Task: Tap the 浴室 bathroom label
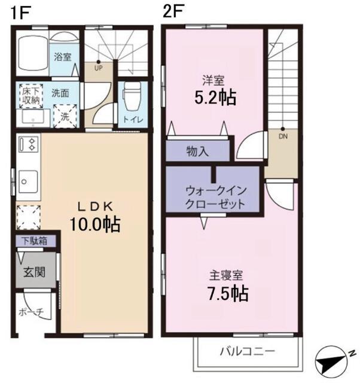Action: pyautogui.click(x=63, y=57)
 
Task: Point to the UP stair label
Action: pyautogui.click(x=98, y=68)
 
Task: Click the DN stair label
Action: pyautogui.click(x=282, y=135)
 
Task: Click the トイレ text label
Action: pyautogui.click(x=133, y=119)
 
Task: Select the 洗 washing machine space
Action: pyautogui.click(x=64, y=115)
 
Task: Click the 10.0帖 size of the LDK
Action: pyautogui.click(x=94, y=224)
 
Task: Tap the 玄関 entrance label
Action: pyautogui.click(x=34, y=272)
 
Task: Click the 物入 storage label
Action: pyautogui.click(x=197, y=151)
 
